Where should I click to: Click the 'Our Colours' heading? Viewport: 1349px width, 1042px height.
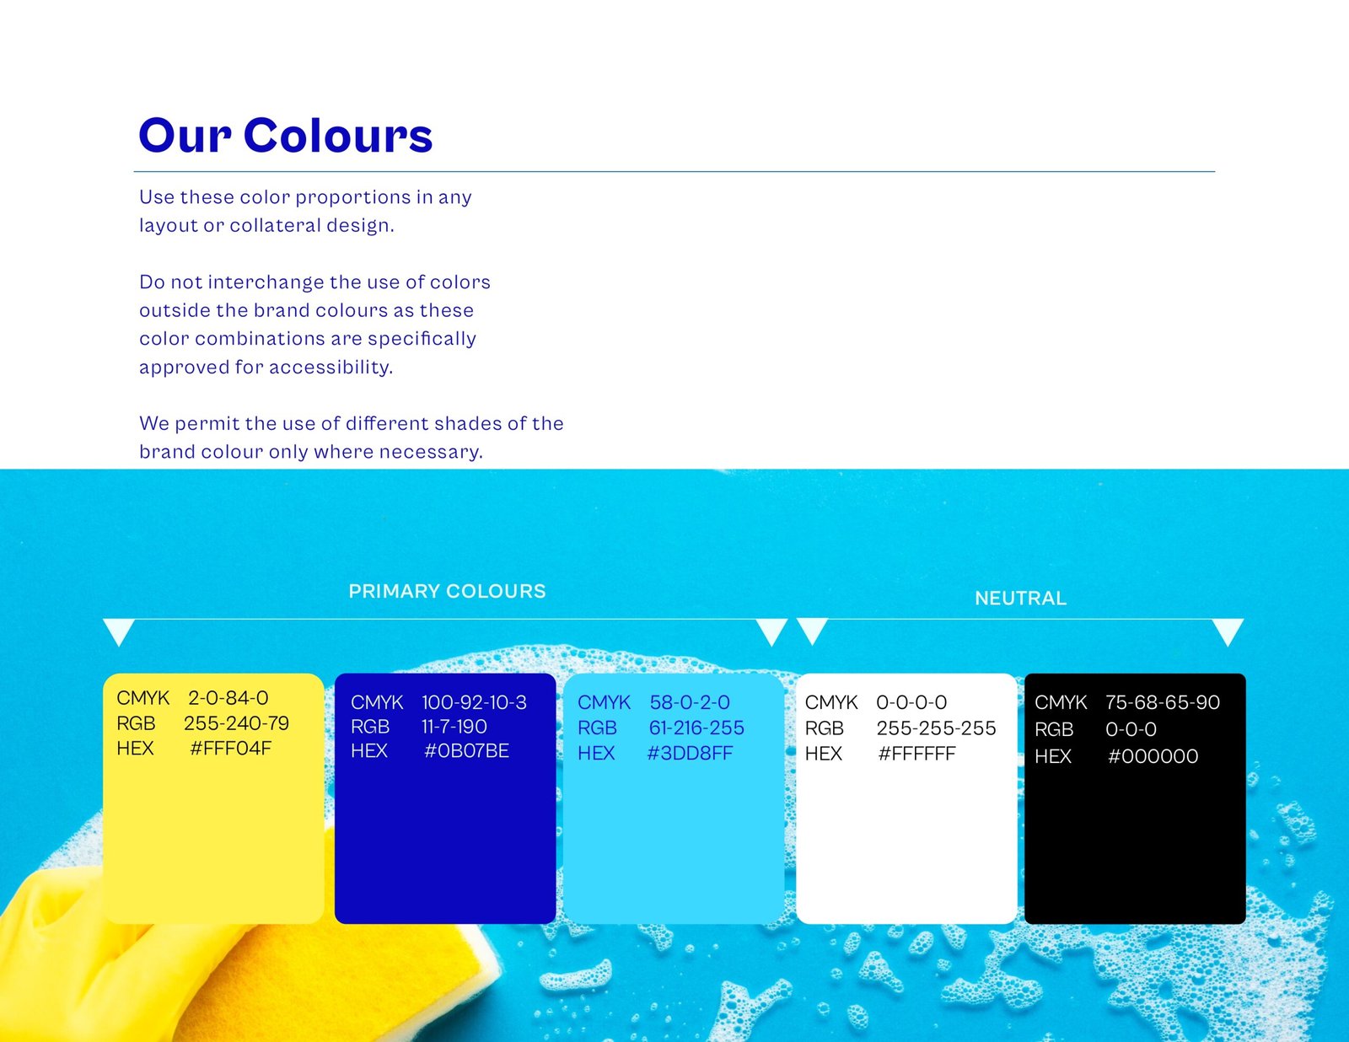point(286,135)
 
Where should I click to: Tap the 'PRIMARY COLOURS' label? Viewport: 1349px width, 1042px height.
point(447,591)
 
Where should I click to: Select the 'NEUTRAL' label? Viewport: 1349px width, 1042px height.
point(1020,599)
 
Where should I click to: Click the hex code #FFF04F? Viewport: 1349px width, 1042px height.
point(231,749)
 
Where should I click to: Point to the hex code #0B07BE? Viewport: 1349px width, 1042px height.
point(466,751)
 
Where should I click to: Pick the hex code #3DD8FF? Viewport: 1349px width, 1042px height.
point(690,754)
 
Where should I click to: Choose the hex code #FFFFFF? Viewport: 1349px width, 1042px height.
point(917,754)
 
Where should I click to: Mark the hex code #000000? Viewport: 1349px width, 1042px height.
point(1153,756)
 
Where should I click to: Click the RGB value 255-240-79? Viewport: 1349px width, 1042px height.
point(237,723)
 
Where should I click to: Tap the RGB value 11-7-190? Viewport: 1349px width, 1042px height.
point(454,726)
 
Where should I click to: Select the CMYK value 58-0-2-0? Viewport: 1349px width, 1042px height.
point(690,702)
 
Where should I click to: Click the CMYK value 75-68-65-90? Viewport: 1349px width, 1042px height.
point(1163,702)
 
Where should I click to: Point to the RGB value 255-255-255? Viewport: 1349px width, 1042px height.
point(936,728)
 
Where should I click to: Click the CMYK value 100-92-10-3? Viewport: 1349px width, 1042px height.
point(475,702)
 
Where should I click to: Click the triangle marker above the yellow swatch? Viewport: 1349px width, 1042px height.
point(119,631)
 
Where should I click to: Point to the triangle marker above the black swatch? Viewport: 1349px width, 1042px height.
point(1228,631)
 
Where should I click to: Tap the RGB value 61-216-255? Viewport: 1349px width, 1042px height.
point(696,728)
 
